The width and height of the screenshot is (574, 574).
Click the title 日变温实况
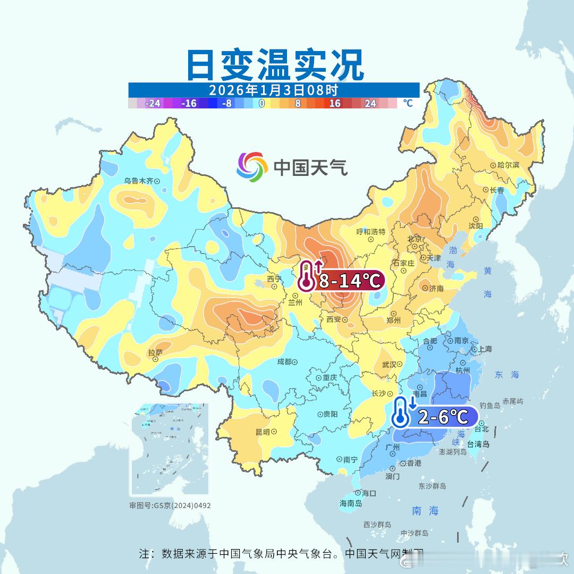pyautogui.click(x=275, y=64)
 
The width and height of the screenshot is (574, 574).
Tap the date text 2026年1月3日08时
pyautogui.click(x=273, y=90)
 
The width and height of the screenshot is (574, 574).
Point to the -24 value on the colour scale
pyautogui.click(x=153, y=103)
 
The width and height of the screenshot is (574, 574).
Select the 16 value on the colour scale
pyautogui.click(x=334, y=103)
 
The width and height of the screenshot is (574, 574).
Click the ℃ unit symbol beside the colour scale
pyautogui.click(x=408, y=103)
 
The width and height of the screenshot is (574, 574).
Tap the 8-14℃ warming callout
pyautogui.click(x=349, y=280)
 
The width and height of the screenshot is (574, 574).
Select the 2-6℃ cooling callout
pyautogui.click(x=443, y=417)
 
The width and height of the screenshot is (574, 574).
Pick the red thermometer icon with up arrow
pyautogui.click(x=307, y=276)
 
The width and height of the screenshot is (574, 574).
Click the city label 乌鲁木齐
pyautogui.click(x=139, y=181)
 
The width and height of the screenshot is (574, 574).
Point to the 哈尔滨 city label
pyautogui.click(x=508, y=165)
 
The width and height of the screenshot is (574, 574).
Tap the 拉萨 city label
pyautogui.click(x=155, y=353)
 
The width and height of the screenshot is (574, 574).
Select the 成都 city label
pyautogui.click(x=284, y=361)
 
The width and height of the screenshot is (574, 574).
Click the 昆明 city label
pyautogui.click(x=263, y=432)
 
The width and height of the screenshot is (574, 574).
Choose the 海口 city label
pyautogui.click(x=368, y=493)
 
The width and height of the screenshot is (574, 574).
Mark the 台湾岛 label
pyautogui.click(x=478, y=444)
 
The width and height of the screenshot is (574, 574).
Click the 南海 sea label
pyautogui.click(x=425, y=511)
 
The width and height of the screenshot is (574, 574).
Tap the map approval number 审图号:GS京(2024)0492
pyautogui.click(x=170, y=505)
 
